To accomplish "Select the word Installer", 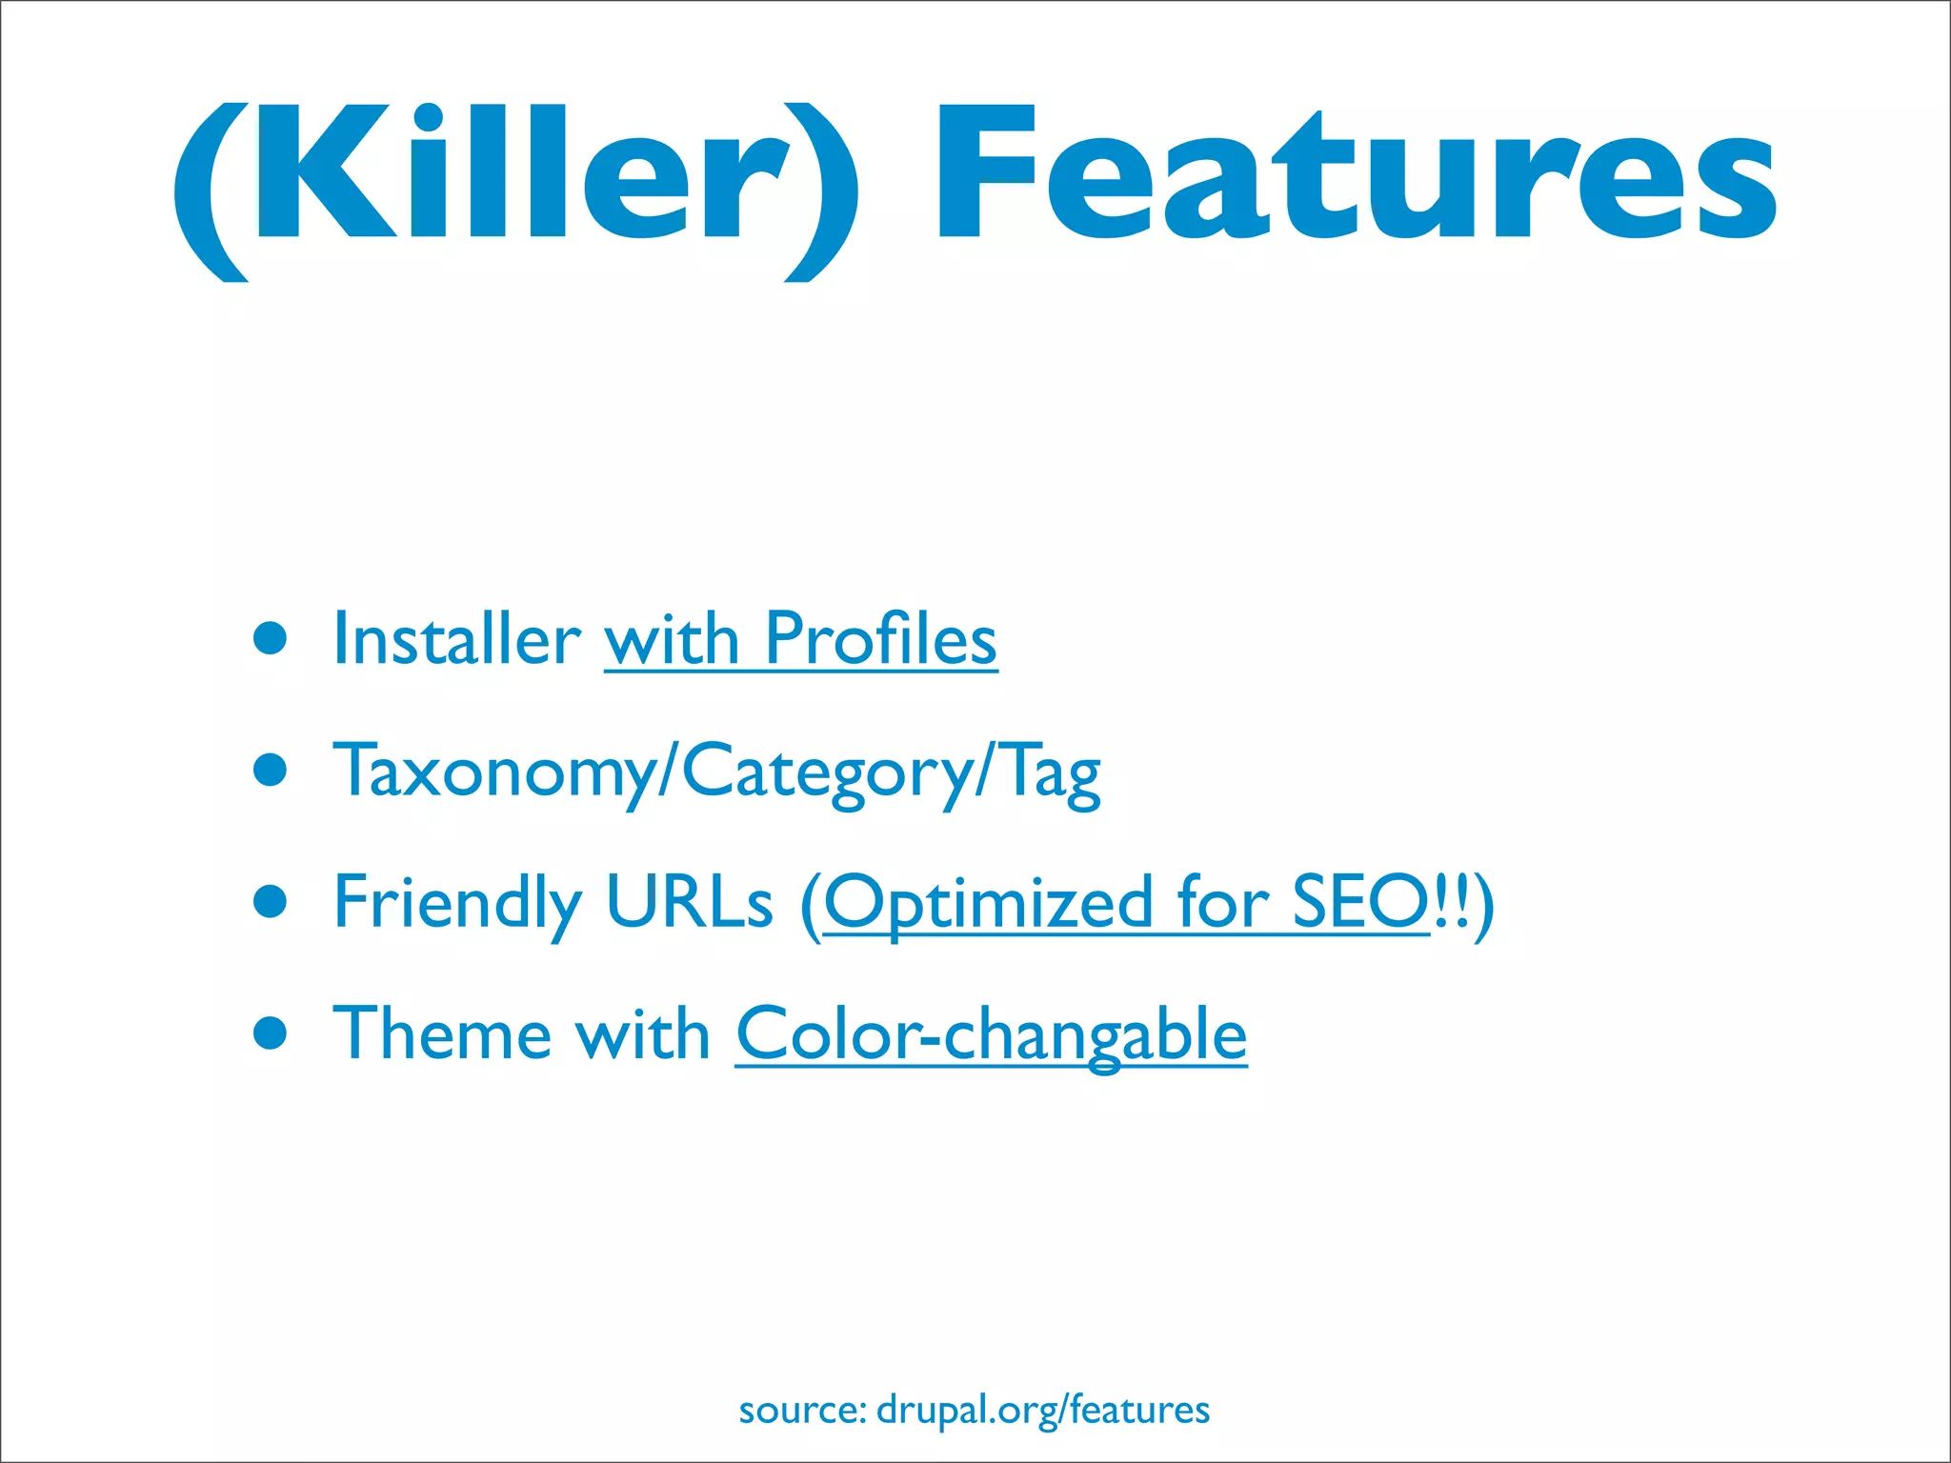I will pos(456,640).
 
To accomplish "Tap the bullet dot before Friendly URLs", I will pos(271,901).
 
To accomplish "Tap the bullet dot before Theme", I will pos(271,1032).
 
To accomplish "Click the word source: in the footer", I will pos(801,1410).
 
